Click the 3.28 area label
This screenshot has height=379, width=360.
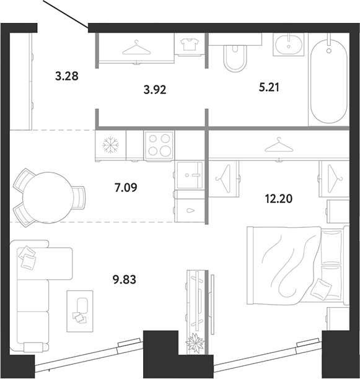[67, 76]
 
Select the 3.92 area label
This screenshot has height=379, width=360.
[155, 90]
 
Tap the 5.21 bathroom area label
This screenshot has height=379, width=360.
[269, 87]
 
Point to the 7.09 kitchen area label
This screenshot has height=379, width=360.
[126, 187]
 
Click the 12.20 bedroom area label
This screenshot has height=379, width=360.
[279, 199]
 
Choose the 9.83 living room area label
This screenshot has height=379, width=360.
[125, 280]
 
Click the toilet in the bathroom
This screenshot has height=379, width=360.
[235, 58]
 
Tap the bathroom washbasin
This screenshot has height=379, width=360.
[289, 45]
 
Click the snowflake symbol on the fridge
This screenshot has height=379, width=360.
[111, 145]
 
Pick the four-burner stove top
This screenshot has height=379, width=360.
[159, 145]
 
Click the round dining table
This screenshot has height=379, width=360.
[47, 198]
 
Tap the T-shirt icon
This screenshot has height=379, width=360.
[190, 44]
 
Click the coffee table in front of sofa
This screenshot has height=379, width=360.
[80, 311]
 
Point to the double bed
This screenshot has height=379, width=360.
[298, 265]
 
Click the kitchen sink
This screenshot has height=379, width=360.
[190, 175]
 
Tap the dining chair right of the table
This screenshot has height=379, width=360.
[79, 198]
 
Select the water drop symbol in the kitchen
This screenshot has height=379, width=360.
[191, 211]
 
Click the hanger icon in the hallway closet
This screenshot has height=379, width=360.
[136, 48]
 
